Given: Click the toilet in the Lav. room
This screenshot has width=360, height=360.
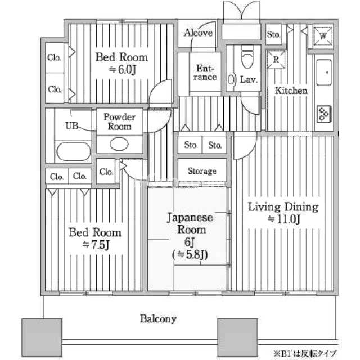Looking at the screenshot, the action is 247,56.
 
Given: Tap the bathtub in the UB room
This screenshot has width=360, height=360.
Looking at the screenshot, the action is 74,151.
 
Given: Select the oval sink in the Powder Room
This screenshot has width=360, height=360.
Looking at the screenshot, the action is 119,144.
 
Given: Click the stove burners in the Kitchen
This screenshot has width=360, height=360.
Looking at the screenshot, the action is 324,114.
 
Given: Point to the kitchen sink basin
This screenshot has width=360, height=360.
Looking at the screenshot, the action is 324,73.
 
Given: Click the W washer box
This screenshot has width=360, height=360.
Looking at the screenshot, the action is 323,36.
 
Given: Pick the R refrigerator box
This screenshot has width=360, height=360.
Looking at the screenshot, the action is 276,60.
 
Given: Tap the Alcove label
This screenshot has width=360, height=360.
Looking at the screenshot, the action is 198,33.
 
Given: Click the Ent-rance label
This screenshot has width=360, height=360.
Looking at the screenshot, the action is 205,73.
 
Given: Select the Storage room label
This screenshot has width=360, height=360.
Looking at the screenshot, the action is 202,171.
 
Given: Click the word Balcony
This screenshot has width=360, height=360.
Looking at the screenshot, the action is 158,319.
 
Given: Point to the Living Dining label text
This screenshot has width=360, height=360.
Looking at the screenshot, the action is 283,207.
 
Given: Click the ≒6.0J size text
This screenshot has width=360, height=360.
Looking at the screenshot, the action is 123,70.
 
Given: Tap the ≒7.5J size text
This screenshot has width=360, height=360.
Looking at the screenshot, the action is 96,245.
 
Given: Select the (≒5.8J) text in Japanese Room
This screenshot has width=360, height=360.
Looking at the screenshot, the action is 190,254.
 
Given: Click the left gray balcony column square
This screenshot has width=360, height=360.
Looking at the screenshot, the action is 42,337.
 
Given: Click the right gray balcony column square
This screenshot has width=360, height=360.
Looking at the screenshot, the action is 237,337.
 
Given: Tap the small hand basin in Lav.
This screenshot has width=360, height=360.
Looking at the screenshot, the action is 231,80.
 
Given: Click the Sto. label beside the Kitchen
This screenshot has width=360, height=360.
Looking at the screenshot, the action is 273,34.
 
